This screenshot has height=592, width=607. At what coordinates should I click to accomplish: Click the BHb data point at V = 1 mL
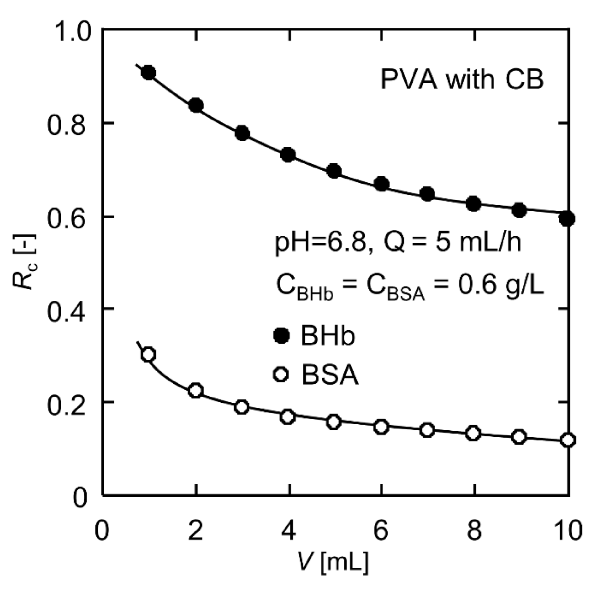pos(148,73)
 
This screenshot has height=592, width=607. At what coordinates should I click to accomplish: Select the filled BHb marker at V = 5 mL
pos(334,171)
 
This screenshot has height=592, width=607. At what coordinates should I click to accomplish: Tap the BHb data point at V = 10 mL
pos(567,219)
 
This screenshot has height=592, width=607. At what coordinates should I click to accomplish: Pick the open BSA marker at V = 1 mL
pos(148,355)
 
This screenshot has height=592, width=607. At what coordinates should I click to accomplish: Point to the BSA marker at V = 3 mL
pos(242,407)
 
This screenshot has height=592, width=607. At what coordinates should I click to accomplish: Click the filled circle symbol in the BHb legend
pos(281,336)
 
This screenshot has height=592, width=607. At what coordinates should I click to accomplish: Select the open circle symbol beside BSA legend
pos(281,375)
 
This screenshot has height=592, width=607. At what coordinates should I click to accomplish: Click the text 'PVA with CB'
pos(462,80)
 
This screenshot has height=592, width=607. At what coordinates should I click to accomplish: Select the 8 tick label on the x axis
pos(474,531)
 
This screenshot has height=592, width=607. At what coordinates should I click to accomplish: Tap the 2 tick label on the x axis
pos(195,531)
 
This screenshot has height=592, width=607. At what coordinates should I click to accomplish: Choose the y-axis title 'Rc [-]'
pos(25,262)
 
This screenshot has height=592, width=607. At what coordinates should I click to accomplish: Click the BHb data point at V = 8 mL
pos(474,204)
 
